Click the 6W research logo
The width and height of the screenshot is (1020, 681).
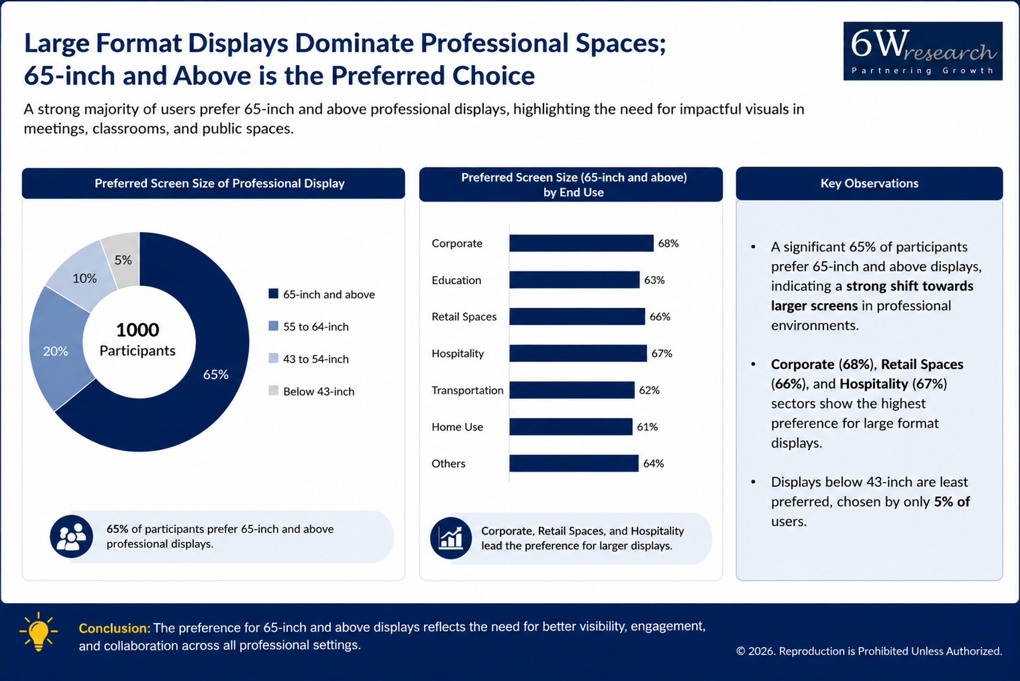tap(922, 51)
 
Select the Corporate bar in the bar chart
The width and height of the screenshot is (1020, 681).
tap(581, 243)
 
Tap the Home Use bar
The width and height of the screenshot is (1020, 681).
tap(571, 427)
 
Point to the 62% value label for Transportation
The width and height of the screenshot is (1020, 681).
tap(649, 390)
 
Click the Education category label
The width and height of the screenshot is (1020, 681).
tap(457, 280)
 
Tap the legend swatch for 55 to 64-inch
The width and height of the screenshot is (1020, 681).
tap(273, 326)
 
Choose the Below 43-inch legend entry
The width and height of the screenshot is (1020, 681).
tap(312, 391)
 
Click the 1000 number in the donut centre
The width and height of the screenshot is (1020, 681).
tap(138, 330)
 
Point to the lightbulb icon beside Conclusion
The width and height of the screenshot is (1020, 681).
tap(39, 632)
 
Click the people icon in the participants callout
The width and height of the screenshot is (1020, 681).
tap(72, 537)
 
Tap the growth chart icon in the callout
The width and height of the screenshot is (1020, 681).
tap(451, 538)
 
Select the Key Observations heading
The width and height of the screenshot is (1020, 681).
tap(869, 184)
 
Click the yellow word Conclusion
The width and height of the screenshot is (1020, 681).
tap(114, 628)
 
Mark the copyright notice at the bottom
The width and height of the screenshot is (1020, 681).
tap(869, 651)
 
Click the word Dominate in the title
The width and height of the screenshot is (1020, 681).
tap(354, 43)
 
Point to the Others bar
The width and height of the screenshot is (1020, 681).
tap(573, 463)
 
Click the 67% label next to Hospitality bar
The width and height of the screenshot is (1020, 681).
tap(662, 353)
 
